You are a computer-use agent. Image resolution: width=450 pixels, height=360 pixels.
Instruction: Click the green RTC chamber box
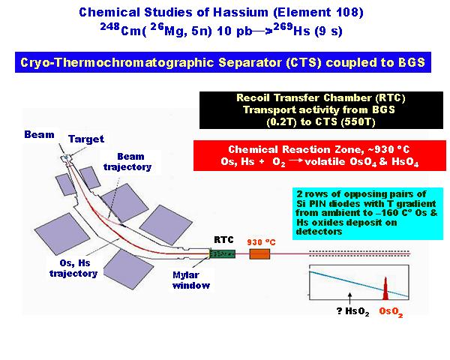(223, 253)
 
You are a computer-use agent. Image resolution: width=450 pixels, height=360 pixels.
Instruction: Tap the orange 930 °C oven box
(259, 254)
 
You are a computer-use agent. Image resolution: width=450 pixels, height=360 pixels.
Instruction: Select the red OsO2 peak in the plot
(385, 288)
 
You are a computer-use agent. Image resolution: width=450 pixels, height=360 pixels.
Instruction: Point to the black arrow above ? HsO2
(349, 298)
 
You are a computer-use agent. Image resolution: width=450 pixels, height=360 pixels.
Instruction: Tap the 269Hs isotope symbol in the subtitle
(292, 30)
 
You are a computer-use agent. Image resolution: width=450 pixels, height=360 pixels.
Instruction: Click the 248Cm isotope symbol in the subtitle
(121, 30)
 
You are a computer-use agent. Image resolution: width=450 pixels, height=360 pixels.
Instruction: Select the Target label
(86, 139)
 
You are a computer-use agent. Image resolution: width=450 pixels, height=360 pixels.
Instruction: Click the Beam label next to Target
(39, 134)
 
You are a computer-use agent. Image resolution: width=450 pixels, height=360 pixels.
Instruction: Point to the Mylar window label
(191, 280)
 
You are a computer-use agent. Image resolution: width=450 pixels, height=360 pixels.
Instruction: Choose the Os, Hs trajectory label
(73, 268)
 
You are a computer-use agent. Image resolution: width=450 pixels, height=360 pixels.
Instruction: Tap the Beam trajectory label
(127, 162)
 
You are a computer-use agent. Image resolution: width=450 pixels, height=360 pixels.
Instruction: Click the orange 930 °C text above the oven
(261, 242)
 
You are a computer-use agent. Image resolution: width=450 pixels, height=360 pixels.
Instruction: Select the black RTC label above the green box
(223, 240)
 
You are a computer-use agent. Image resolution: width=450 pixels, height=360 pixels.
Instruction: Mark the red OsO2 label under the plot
(391, 312)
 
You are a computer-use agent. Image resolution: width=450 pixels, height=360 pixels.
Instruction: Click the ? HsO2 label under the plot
(352, 312)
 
